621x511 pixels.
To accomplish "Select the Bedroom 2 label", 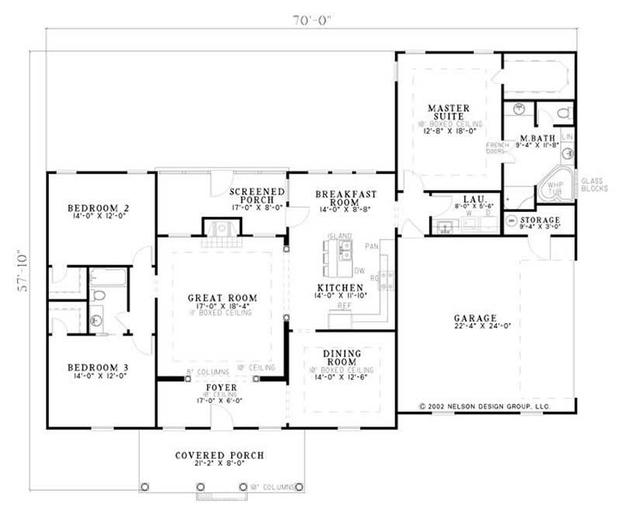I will pyautogui.click(x=98, y=208).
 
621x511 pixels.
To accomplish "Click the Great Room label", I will pyautogui.click(x=222, y=297).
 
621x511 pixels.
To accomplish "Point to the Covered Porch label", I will pyautogui.click(x=219, y=455).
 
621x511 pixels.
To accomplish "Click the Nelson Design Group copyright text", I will pyautogui.click(x=484, y=405).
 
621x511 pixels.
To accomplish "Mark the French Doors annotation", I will pyautogui.click(x=497, y=148).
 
